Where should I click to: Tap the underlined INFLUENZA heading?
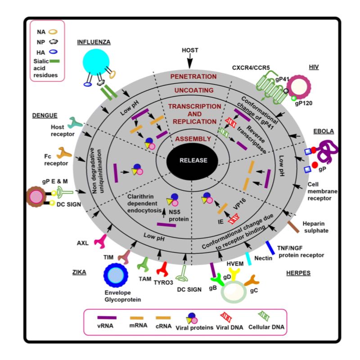(94, 42)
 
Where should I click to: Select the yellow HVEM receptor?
(235, 274)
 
